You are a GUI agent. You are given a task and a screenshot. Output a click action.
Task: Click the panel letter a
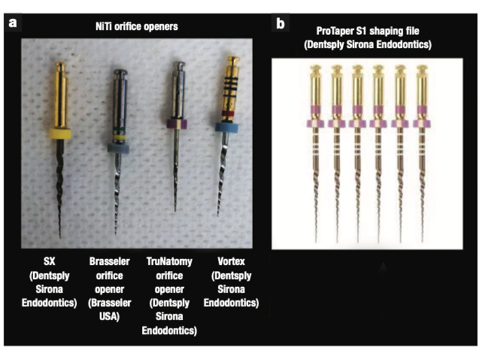point(12,23)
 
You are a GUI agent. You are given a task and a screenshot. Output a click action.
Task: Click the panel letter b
point(280,23)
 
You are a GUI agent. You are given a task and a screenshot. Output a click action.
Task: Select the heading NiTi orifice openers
point(137,27)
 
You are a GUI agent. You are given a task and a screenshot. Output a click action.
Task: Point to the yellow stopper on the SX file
point(60,134)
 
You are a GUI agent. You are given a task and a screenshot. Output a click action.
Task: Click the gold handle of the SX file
point(61,95)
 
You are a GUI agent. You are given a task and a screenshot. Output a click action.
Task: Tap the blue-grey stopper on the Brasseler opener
point(118,148)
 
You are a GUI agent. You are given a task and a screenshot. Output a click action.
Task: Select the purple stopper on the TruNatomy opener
point(177,124)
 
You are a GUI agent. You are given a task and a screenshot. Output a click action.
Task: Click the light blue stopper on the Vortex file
point(227,127)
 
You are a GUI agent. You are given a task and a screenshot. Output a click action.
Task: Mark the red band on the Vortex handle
point(228,113)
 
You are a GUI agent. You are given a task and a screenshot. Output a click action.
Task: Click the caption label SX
point(49,262)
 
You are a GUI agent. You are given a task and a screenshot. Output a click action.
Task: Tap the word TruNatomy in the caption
point(169,262)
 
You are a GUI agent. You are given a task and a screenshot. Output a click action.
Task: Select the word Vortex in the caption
point(231,262)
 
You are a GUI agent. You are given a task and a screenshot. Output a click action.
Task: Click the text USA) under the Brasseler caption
point(109,316)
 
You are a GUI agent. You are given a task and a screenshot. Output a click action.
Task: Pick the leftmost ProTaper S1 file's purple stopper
point(315,124)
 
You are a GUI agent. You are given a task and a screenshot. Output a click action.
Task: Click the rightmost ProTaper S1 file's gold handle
point(422,89)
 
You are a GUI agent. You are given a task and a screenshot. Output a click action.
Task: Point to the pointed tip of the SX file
point(60,238)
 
